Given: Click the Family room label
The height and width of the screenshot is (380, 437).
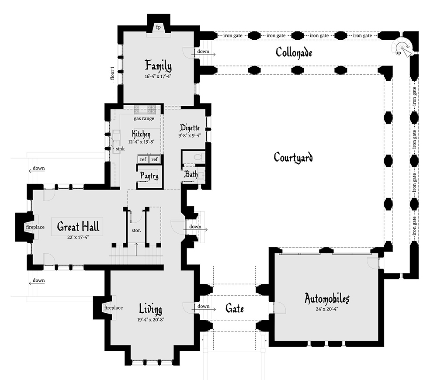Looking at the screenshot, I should [158, 66].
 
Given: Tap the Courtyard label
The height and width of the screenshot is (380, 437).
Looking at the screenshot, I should [293, 157].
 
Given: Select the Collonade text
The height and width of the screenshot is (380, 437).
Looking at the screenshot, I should [294, 52].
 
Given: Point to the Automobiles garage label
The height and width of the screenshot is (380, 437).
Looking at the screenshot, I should [327, 299].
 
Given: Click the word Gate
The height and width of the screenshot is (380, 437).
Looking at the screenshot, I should [234, 308].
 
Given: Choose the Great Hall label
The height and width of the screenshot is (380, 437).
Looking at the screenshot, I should [78, 226].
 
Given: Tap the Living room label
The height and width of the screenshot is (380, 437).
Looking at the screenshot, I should [150, 309].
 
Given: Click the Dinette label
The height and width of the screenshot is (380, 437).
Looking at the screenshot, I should [190, 128].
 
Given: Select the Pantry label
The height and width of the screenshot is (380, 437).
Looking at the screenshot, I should [149, 176].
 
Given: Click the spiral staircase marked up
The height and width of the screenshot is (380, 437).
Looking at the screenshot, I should [403, 48].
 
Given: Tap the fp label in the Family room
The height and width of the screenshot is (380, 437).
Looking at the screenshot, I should [158, 27].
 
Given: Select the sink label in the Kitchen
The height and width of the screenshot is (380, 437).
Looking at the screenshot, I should [120, 149].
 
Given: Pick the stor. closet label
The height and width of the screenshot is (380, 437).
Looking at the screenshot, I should [136, 230].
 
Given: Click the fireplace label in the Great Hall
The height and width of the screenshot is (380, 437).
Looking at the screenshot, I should [35, 227].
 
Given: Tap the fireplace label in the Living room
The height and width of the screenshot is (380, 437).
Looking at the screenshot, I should [113, 307].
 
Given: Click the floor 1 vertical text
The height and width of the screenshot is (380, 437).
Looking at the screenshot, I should [112, 73].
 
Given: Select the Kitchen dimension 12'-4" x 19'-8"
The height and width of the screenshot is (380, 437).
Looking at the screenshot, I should [141, 142].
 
